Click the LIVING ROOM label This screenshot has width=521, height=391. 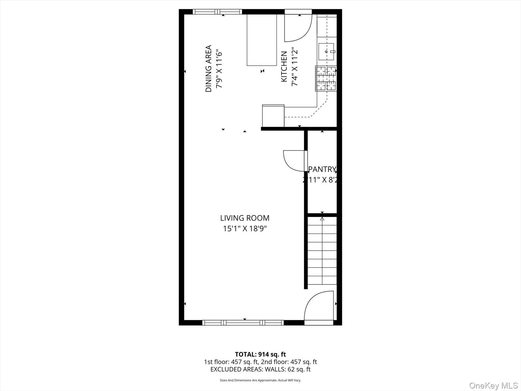[x=245, y=218]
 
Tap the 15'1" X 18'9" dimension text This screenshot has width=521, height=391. [x=245, y=229]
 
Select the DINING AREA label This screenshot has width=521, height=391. [x=209, y=69]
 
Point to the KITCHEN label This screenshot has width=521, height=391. [x=284, y=67]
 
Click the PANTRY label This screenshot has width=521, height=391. [x=322, y=169]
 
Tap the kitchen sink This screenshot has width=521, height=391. [x=326, y=52]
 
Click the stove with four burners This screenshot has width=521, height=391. [x=326, y=78]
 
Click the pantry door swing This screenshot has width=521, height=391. [x=294, y=161]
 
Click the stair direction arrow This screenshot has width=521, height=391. [x=322, y=219]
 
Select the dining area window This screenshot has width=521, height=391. [x=217, y=12]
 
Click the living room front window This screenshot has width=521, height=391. [x=243, y=323]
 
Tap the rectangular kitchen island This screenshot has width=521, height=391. [x=262, y=40]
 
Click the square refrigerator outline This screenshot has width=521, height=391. [x=273, y=116]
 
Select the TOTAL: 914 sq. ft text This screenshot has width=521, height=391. [x=260, y=355]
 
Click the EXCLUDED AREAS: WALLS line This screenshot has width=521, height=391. [x=260, y=369]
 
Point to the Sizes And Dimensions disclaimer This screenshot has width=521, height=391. [x=260, y=380]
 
